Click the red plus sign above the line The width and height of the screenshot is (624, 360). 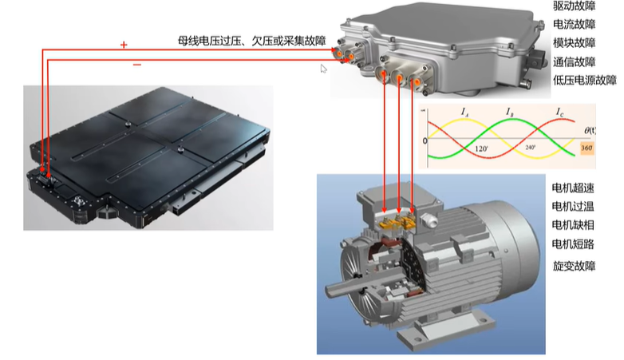tap(124, 45)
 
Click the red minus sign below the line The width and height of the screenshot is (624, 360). tap(137, 65)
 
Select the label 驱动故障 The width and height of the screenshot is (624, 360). tap(574, 6)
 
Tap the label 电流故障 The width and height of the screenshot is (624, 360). tap(574, 24)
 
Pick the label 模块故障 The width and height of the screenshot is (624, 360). tap(574, 42)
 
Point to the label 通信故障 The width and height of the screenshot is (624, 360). tap(574, 61)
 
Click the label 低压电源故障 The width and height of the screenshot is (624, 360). tap(585, 80)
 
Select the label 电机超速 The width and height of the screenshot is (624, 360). tap(573, 188)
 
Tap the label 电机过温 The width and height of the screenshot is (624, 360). tap(573, 206)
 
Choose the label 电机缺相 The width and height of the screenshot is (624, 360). tap(573, 225)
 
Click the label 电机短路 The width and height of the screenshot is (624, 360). tap(573, 243)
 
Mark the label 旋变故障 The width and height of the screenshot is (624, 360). tap(574, 266)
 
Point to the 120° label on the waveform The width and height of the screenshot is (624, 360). tap(481, 148)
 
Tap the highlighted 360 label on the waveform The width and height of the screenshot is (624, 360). tap(587, 148)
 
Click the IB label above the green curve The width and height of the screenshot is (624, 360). tap(509, 112)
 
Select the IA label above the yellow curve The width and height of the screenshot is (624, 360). tap(464, 112)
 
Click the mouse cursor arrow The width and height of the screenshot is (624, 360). tap(323, 69)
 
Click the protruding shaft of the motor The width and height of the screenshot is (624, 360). tap(342, 288)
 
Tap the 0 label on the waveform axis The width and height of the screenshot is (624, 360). tap(425, 141)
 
